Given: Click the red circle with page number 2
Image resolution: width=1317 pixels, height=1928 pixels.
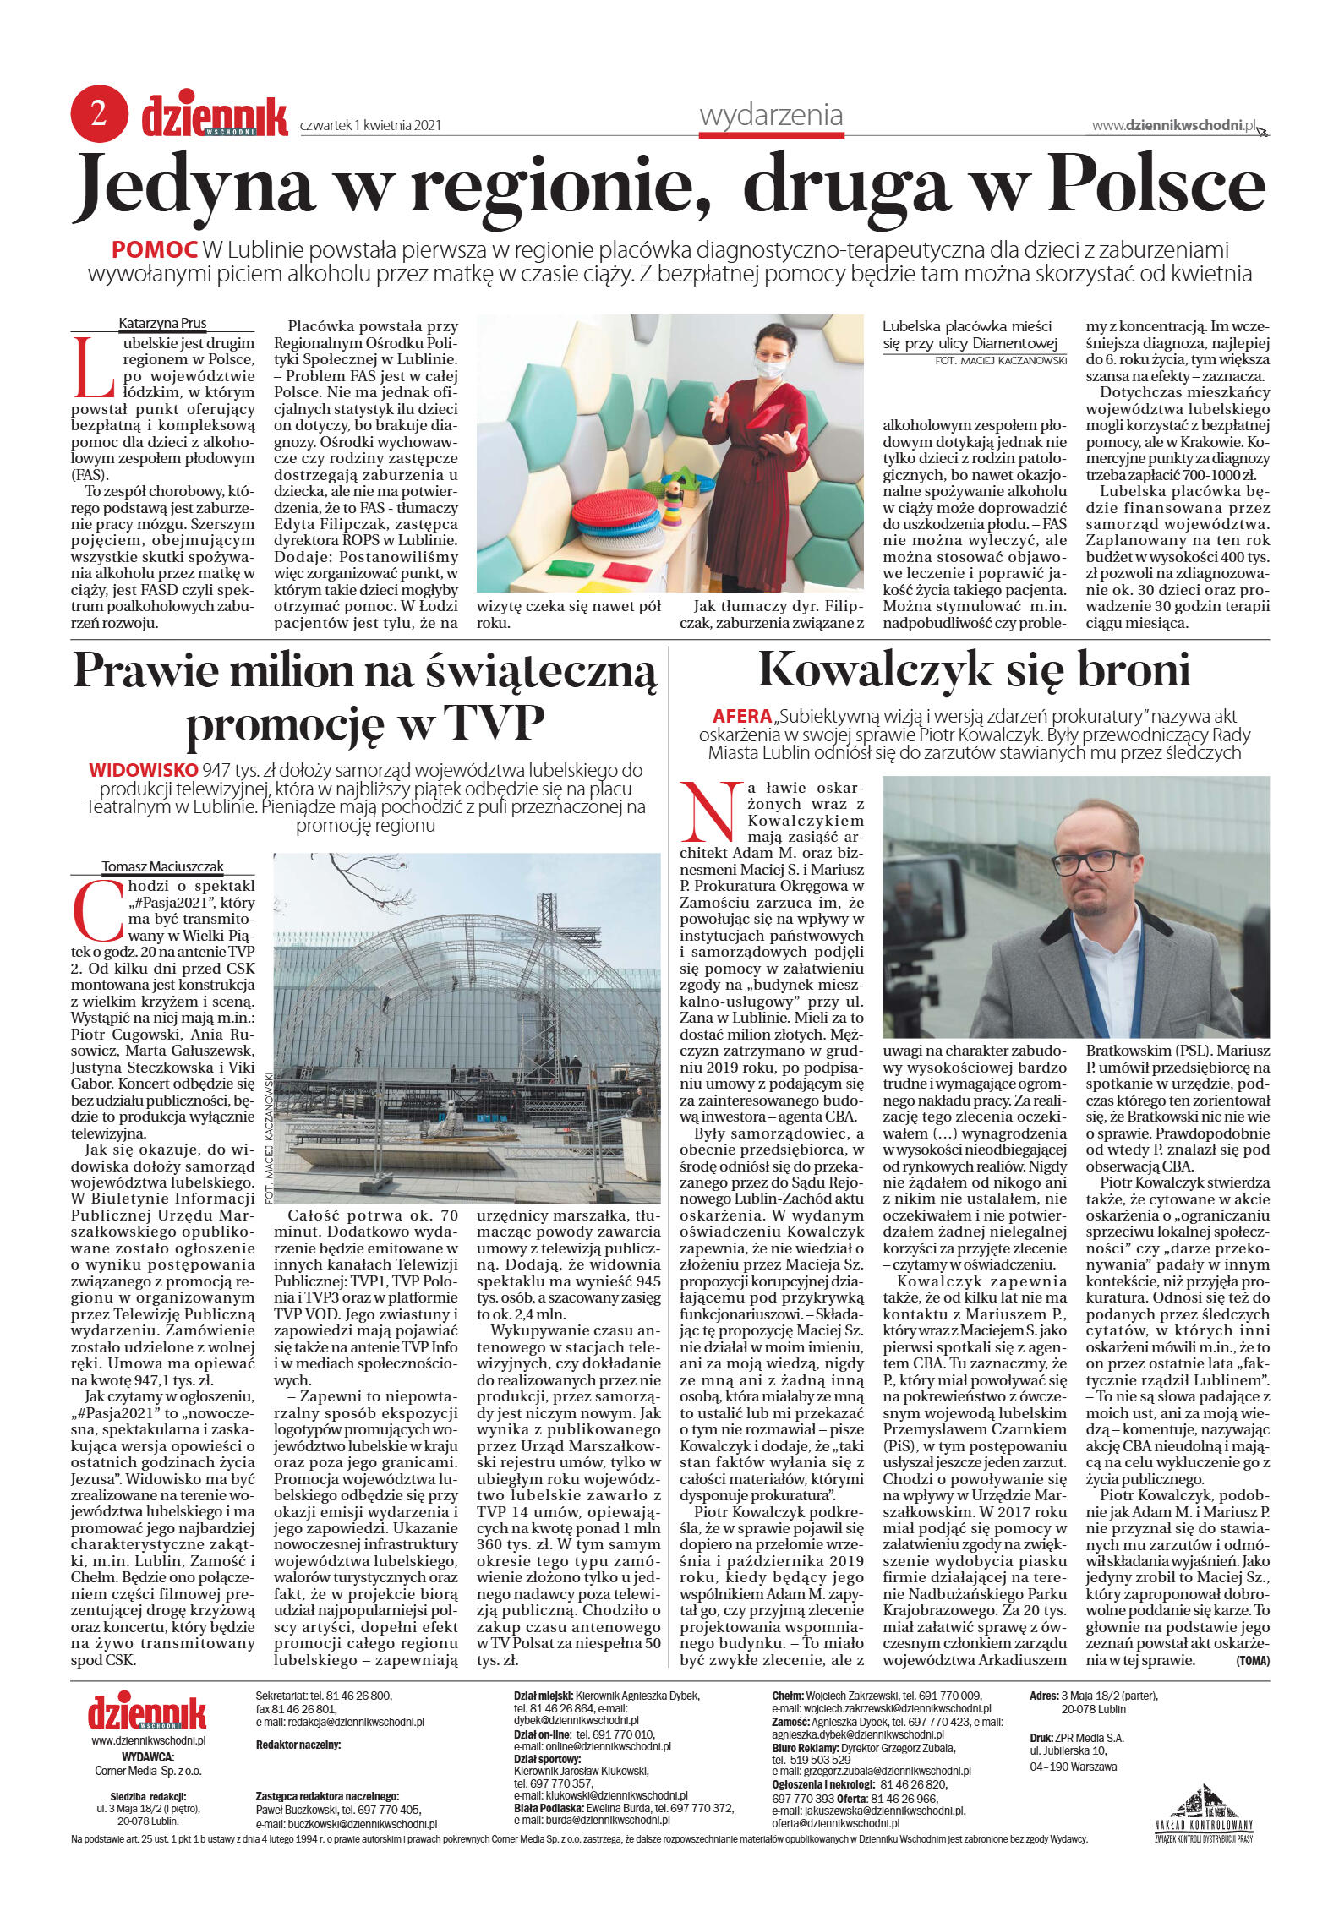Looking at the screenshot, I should tap(99, 114).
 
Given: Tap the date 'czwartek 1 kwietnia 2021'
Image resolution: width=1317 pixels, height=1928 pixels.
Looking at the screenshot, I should tap(370, 126).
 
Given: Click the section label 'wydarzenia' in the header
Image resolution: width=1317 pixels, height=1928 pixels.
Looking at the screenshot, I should tap(770, 116).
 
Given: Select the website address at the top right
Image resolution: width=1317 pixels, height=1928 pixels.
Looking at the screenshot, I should tap(1173, 125).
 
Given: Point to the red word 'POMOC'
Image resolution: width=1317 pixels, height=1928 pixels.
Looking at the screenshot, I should tap(155, 250).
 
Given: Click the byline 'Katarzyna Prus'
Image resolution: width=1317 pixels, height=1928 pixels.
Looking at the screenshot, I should tap(162, 323).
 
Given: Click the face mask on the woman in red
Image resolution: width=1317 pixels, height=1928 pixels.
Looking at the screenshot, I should tap(770, 369).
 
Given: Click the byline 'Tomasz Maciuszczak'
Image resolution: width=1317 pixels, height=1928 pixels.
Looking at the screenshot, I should tap(163, 866).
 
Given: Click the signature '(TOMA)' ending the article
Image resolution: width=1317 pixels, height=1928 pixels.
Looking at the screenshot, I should tap(1253, 1660).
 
